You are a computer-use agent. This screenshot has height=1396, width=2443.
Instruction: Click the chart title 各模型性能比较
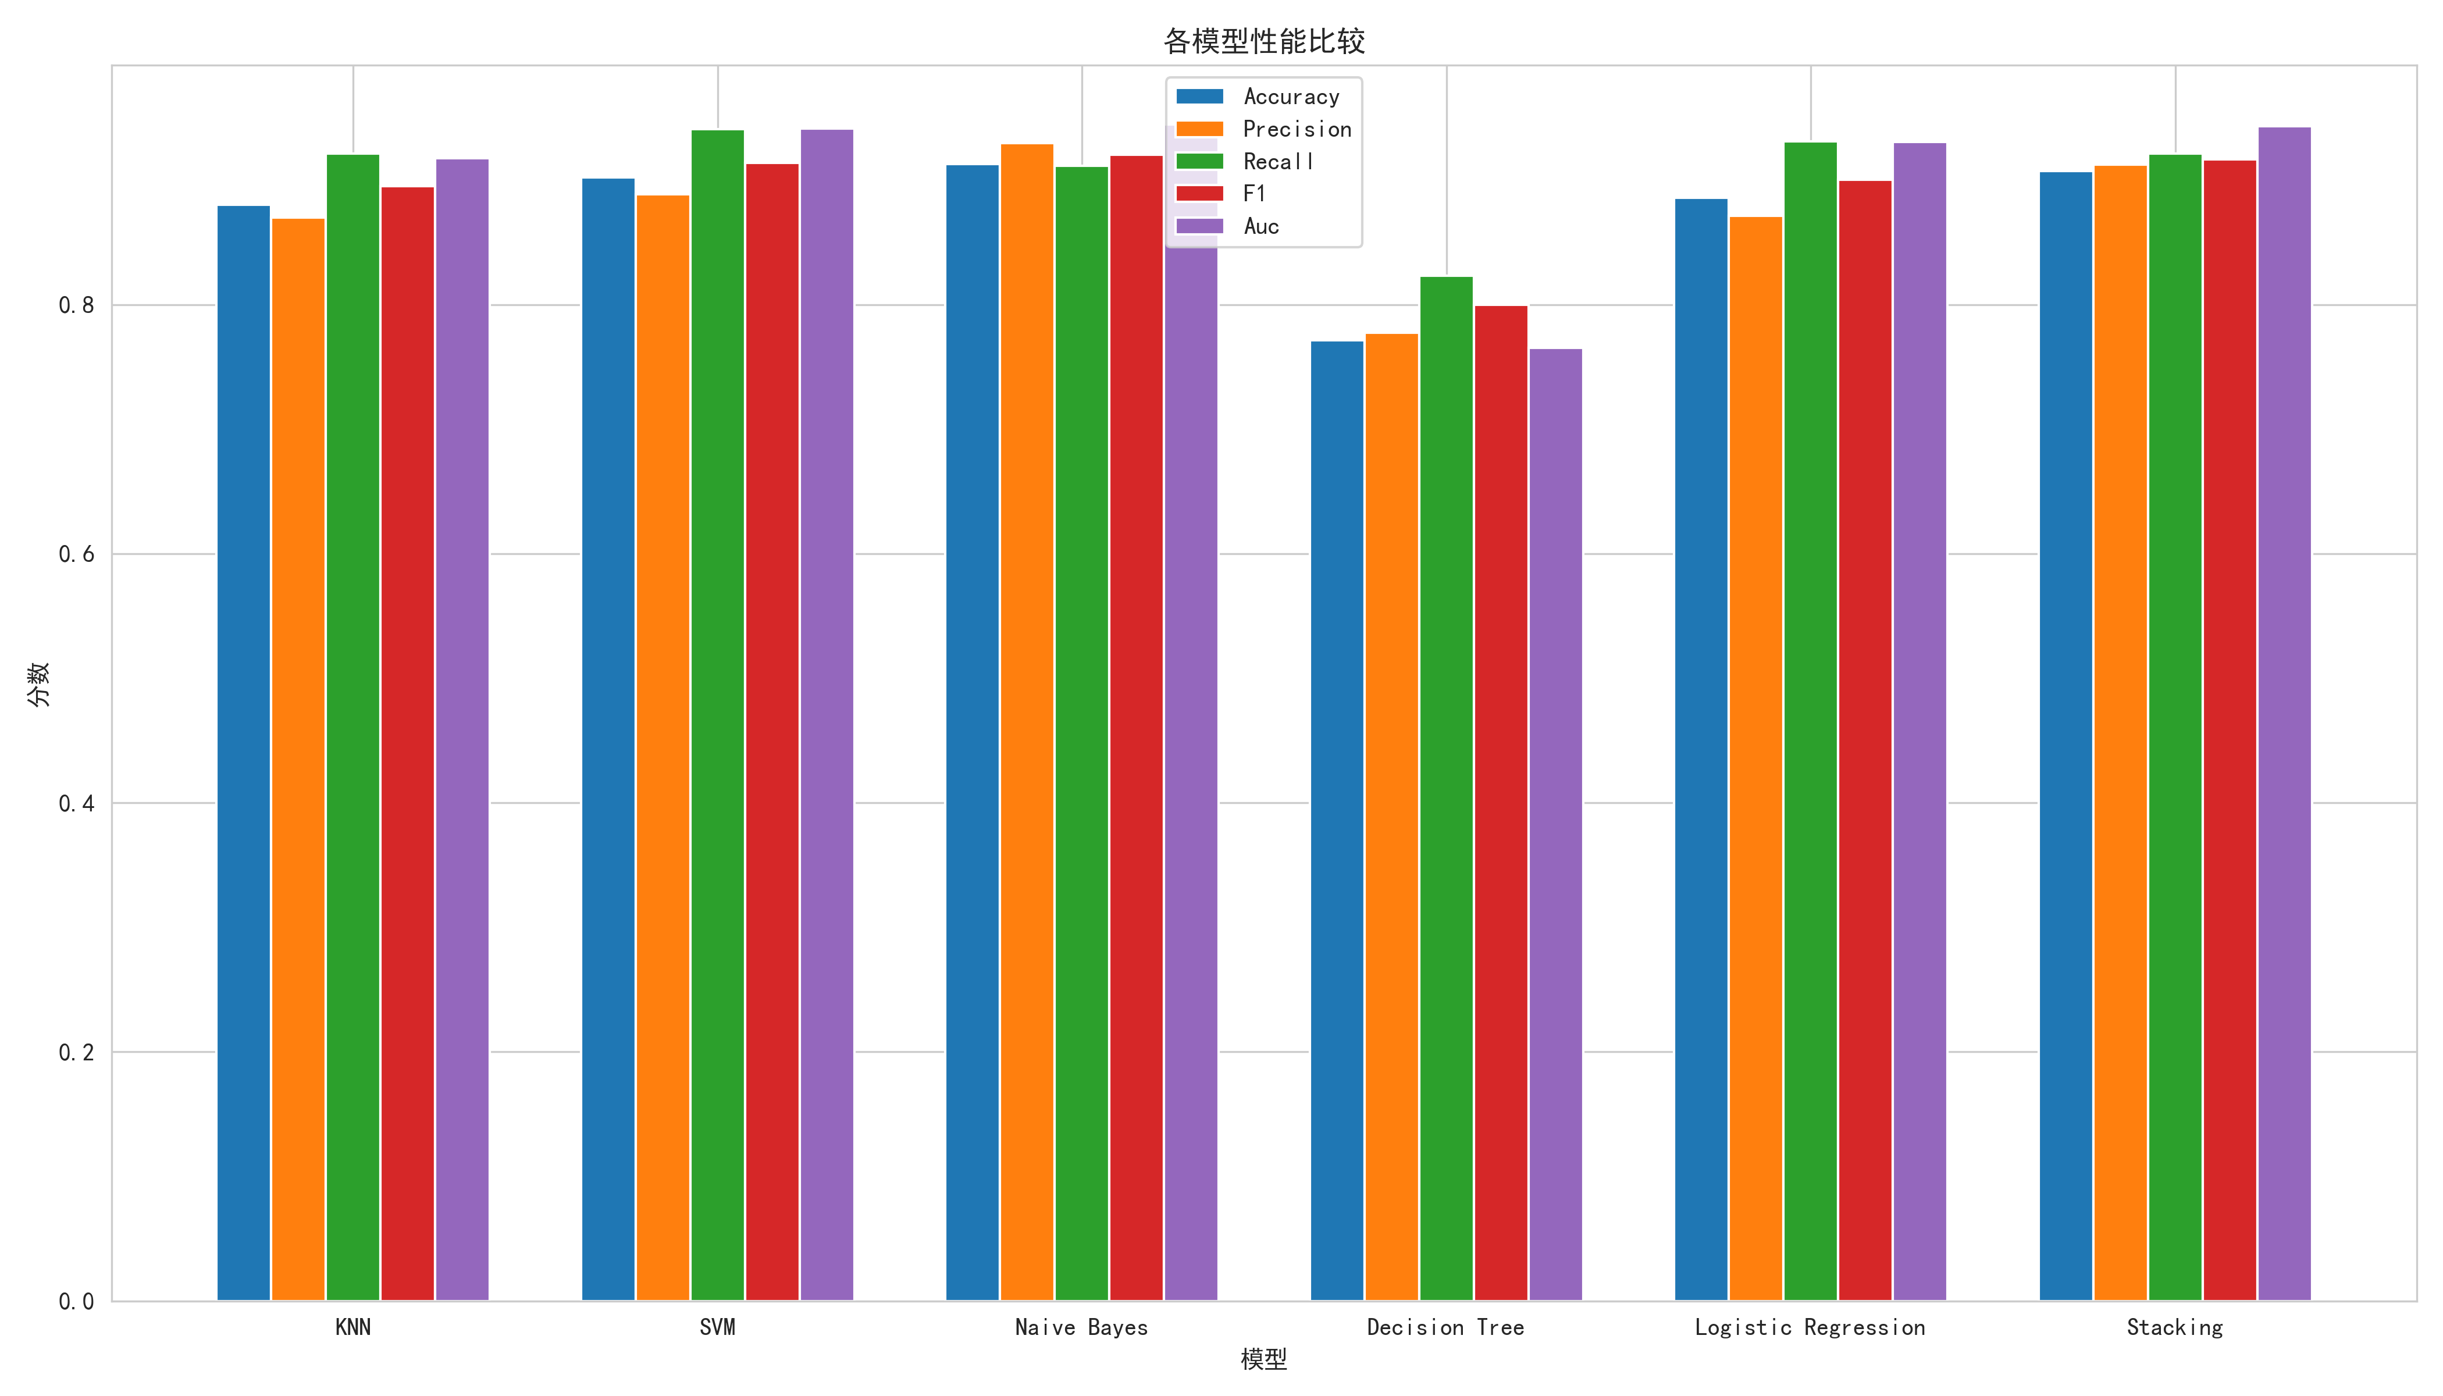[x=1264, y=41]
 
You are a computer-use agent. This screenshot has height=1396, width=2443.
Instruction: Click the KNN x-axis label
[x=353, y=1327]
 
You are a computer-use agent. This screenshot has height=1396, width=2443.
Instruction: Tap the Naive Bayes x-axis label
[x=1081, y=1327]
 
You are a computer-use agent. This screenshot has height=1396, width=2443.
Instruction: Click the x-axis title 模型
[x=1264, y=1359]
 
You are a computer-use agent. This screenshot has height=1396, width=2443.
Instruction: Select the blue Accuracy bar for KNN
[x=244, y=753]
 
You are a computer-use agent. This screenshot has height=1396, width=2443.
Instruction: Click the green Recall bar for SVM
[x=717, y=714]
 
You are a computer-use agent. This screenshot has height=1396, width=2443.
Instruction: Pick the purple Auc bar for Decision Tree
[x=1555, y=825]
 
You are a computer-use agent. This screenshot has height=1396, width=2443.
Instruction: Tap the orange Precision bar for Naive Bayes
[x=1027, y=722]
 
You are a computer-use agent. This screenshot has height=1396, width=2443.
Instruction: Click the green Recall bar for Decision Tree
[x=1446, y=788]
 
